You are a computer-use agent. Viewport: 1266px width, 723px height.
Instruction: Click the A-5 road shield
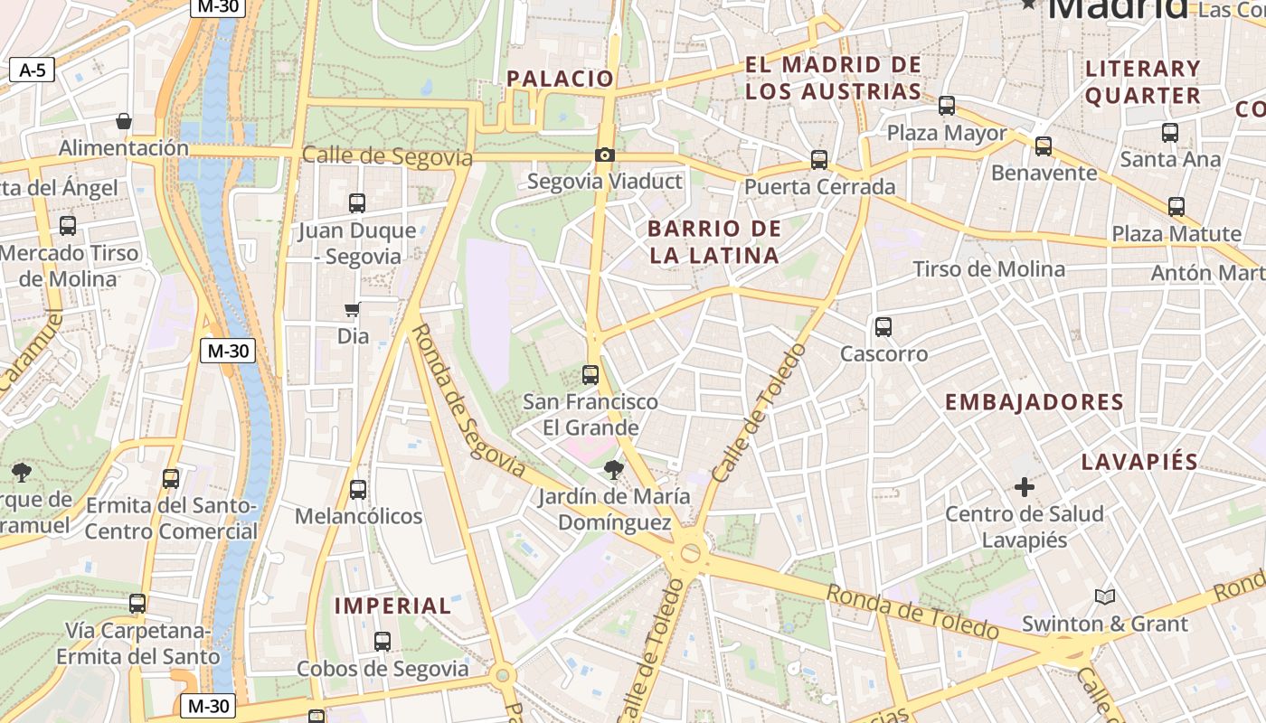[x=33, y=70]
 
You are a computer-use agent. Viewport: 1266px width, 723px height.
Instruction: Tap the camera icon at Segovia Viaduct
[x=605, y=155]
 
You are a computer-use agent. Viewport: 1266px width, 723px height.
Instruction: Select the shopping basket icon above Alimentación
[x=124, y=121]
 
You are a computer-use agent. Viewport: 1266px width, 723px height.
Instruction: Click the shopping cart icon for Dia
[x=353, y=310]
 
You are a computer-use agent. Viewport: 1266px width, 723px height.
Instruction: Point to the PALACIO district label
[x=560, y=79]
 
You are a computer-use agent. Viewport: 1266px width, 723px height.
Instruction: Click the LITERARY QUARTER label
[x=1142, y=81]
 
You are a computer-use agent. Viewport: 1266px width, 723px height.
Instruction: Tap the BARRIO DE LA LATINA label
[x=714, y=241]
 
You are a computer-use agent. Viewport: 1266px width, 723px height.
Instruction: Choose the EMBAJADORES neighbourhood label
[x=1034, y=402]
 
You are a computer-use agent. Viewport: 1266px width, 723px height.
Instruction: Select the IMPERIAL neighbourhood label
[x=392, y=606]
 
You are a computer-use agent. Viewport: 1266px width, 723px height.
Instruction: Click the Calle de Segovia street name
[x=387, y=156]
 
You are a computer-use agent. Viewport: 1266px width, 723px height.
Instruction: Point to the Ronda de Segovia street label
[x=467, y=400]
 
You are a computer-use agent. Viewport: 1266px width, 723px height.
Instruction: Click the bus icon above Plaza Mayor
[x=947, y=106]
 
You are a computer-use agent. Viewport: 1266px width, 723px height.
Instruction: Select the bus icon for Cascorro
[x=883, y=327]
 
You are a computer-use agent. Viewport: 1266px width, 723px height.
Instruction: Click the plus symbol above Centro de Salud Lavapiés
[x=1024, y=488]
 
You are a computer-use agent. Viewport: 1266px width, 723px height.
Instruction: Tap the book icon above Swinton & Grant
[x=1104, y=596]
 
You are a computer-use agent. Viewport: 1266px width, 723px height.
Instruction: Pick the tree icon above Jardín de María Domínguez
[x=614, y=469]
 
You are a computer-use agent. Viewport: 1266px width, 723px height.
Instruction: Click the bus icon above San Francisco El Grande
[x=590, y=374]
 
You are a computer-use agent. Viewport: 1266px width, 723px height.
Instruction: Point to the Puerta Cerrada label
[x=819, y=187]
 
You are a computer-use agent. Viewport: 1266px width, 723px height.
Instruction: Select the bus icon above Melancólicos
[x=358, y=490]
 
